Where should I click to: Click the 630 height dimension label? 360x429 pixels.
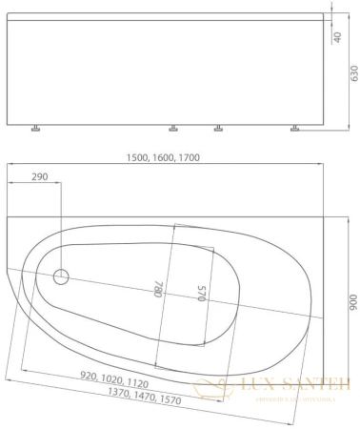(351, 73)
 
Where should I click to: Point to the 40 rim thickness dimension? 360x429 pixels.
(337, 36)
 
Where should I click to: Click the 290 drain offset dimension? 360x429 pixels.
(40, 178)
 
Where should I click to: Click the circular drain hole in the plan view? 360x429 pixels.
(62, 277)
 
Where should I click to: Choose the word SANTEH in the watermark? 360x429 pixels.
(312, 386)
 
